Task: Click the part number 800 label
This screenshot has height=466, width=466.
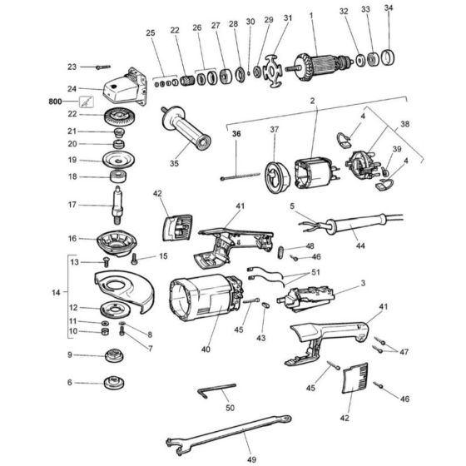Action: coord(55,102)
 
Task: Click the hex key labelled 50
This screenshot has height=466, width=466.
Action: coord(216,390)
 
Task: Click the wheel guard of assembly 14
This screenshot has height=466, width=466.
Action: coord(125,289)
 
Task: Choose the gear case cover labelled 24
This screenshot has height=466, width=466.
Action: coord(126,86)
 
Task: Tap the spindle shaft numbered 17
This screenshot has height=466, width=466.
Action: coord(117,205)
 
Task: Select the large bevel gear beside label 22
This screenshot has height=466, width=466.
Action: coord(121,116)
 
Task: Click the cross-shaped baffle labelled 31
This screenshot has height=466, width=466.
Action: coord(273,71)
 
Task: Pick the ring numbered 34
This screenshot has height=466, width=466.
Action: coord(388,57)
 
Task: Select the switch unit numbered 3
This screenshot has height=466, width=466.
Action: coord(305,300)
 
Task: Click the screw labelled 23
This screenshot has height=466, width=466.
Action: coord(103,67)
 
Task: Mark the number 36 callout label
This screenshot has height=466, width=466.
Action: coord(236,134)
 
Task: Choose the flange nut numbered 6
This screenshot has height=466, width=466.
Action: coord(114,383)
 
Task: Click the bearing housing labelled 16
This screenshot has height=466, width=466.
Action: coord(116,242)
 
